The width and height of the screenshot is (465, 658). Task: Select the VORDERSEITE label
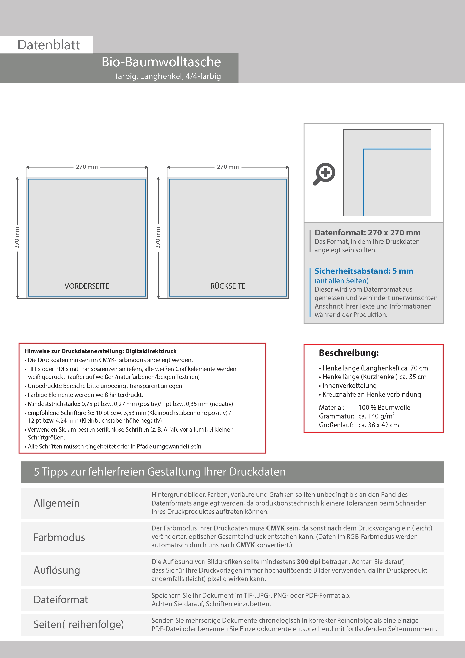click(x=87, y=286)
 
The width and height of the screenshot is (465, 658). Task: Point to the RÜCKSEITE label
click(x=228, y=286)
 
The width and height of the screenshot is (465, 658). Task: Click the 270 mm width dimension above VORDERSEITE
click(x=87, y=167)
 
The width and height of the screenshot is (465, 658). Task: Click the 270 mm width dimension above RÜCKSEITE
click(x=228, y=167)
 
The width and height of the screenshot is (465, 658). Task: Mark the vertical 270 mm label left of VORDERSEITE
click(x=17, y=238)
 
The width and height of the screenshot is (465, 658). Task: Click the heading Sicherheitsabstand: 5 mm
click(x=364, y=271)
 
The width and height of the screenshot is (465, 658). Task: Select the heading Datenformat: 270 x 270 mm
click(x=367, y=233)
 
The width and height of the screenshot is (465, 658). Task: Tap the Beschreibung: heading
click(x=349, y=353)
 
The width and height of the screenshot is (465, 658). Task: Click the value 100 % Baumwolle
click(x=384, y=408)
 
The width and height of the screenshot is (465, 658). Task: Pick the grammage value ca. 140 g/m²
click(x=376, y=416)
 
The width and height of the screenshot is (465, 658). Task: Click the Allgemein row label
click(x=57, y=503)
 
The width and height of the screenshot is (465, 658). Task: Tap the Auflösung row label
click(x=57, y=570)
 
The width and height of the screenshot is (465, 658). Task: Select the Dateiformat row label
click(x=61, y=599)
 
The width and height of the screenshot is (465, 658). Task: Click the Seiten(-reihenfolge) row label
click(x=79, y=624)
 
